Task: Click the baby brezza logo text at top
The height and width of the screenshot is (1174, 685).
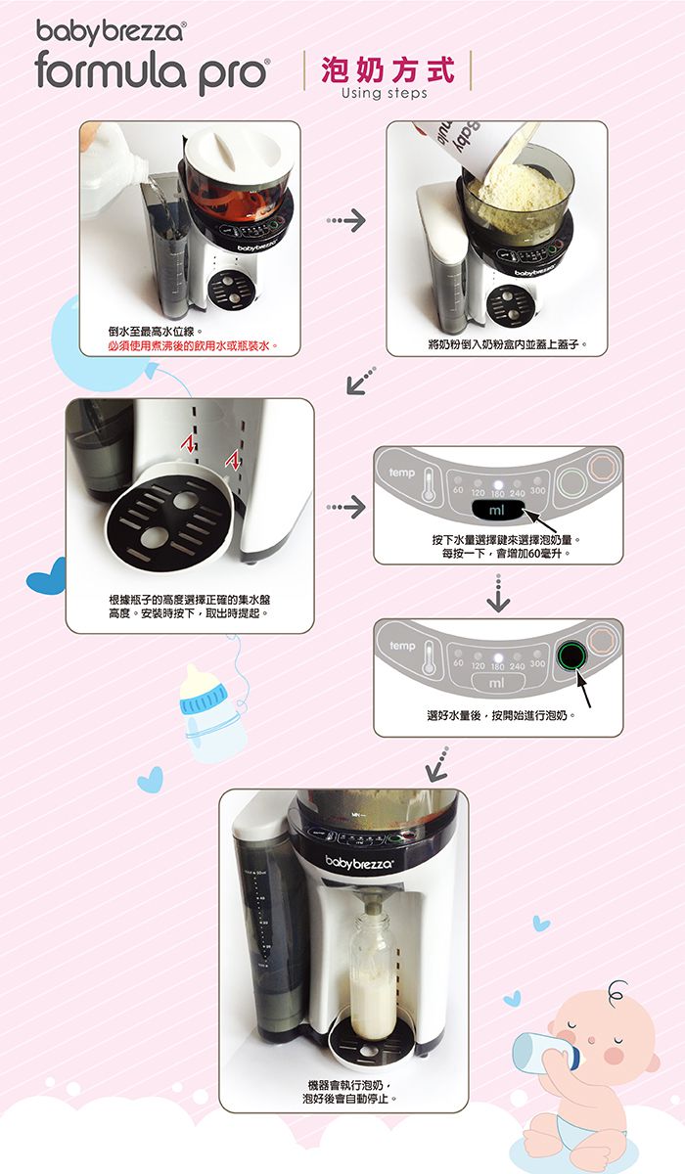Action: [108, 32]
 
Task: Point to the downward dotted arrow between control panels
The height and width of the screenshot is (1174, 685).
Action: [498, 592]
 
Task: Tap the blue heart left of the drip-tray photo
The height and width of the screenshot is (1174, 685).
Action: [46, 574]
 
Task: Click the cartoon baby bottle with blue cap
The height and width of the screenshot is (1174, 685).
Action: [210, 709]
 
